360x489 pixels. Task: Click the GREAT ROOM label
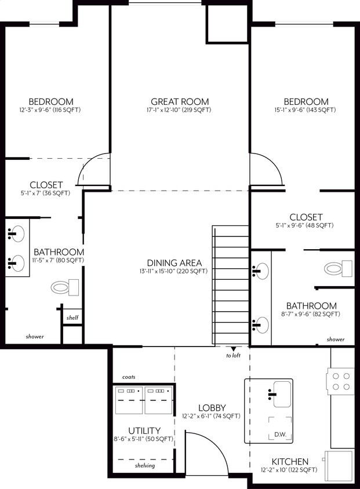point(180,101)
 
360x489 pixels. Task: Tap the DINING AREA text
point(174,262)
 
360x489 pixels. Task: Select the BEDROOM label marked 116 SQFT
point(50,101)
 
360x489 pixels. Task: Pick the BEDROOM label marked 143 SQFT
point(305,101)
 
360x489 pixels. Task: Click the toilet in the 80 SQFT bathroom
point(65,286)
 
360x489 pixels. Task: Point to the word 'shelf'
point(72,318)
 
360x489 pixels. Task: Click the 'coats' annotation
point(129,377)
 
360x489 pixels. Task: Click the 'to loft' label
point(234,356)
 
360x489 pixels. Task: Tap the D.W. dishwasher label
point(280,435)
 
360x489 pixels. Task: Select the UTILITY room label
point(144,431)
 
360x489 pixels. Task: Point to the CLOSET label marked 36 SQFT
point(46,185)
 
